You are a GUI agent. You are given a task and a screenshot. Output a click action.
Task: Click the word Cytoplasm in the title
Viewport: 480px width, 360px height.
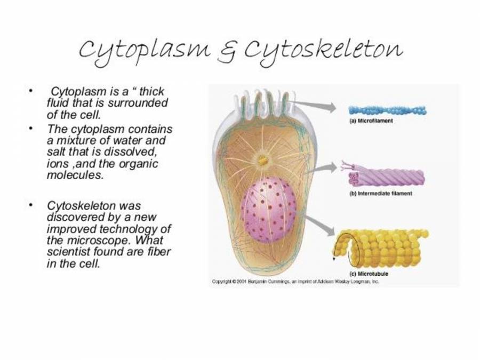[x=145, y=52]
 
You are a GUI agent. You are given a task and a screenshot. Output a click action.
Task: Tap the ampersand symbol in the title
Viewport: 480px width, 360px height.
[x=228, y=53]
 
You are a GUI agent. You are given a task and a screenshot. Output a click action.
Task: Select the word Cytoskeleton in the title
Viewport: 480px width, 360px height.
[x=323, y=52]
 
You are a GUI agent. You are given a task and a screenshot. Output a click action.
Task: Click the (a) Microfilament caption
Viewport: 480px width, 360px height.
[x=371, y=121]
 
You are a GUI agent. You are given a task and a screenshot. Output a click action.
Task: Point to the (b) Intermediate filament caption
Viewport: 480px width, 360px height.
[x=380, y=194]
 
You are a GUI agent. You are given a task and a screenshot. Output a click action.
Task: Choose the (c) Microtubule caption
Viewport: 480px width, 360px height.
[x=369, y=274]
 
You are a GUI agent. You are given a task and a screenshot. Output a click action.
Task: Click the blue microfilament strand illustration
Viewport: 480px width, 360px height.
[x=387, y=110]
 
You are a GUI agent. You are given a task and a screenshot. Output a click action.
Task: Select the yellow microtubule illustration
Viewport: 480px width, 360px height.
[x=381, y=249]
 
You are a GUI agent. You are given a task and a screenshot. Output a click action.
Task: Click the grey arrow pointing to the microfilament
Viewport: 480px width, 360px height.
[x=313, y=105]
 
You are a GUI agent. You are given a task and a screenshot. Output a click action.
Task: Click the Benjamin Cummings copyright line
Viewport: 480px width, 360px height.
[x=295, y=281]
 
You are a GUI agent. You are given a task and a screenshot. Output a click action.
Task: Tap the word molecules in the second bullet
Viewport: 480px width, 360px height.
[x=75, y=175]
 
